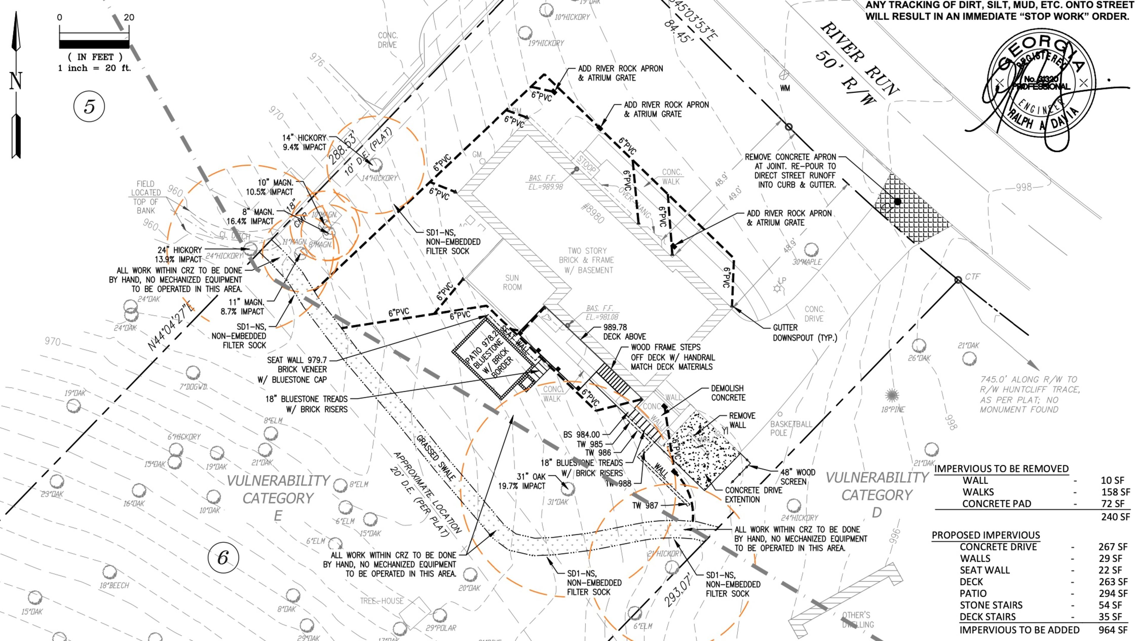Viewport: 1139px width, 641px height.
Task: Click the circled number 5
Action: (x=89, y=107)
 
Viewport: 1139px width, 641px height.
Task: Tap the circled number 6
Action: (x=223, y=557)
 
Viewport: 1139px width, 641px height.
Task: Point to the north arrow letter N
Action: (x=16, y=81)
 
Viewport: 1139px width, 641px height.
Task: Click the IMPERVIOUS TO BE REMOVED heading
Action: (x=1001, y=469)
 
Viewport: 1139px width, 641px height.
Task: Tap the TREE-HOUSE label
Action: (x=381, y=601)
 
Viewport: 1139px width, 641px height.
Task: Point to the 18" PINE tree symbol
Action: (x=892, y=395)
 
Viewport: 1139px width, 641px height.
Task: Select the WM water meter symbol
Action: (x=784, y=74)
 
